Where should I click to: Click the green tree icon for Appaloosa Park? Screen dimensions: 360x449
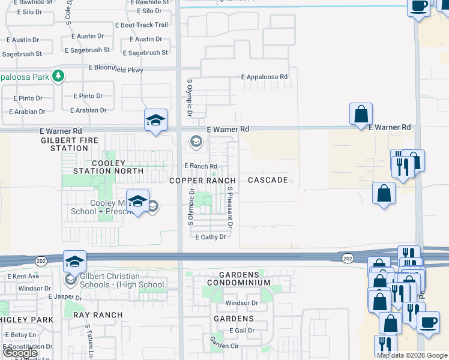58,76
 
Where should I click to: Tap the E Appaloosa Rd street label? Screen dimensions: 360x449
265,77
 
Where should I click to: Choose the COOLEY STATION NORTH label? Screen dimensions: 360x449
108,167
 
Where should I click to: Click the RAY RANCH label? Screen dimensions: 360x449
98,314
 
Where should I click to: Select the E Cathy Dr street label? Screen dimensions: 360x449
211,237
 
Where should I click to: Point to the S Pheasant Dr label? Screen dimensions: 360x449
230,206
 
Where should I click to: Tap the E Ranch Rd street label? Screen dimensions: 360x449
200,166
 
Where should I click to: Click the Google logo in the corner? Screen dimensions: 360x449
20,353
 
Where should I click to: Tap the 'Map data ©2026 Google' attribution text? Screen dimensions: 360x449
412,355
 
